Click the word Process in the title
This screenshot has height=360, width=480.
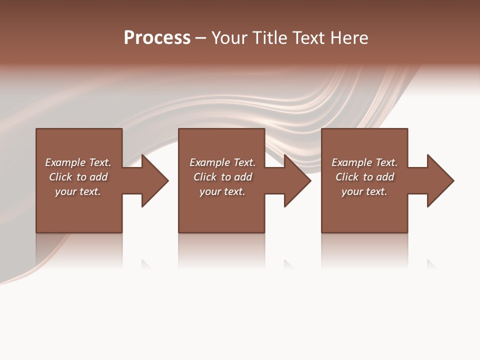click(157, 38)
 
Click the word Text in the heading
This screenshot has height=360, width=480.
click(306, 38)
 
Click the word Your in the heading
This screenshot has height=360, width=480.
click(228, 38)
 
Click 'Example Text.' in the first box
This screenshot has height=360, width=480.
click(78, 162)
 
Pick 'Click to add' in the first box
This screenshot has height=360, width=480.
click(78, 177)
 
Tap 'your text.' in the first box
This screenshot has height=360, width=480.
click(78, 191)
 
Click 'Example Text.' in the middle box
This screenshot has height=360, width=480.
click(222, 162)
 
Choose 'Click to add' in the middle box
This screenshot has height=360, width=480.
click(222, 177)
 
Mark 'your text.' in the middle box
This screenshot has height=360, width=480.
click(222, 191)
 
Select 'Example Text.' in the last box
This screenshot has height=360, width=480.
click(364, 162)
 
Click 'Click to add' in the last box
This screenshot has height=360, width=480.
click(364, 177)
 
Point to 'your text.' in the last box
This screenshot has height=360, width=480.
click(364, 191)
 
